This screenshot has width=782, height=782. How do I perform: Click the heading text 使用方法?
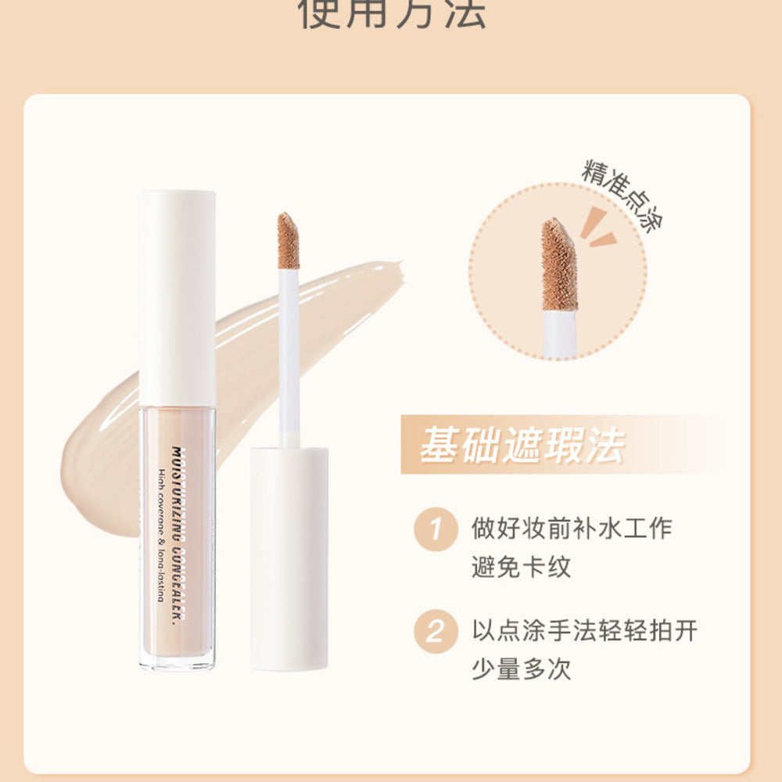click(x=391, y=14)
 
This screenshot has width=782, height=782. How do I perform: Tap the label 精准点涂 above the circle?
click(x=622, y=195)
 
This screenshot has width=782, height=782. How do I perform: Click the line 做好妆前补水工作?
click(x=572, y=528)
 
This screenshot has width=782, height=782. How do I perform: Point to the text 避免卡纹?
click(x=522, y=566)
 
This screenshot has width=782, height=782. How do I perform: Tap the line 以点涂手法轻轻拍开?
click(x=584, y=630)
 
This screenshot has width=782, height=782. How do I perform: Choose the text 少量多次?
click(x=522, y=669)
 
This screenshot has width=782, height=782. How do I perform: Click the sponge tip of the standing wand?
click(x=289, y=241)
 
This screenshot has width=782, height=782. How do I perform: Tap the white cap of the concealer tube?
click(x=178, y=297)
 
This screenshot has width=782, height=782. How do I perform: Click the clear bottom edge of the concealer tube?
click(x=178, y=663)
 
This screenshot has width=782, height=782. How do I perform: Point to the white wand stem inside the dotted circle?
click(x=560, y=335)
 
